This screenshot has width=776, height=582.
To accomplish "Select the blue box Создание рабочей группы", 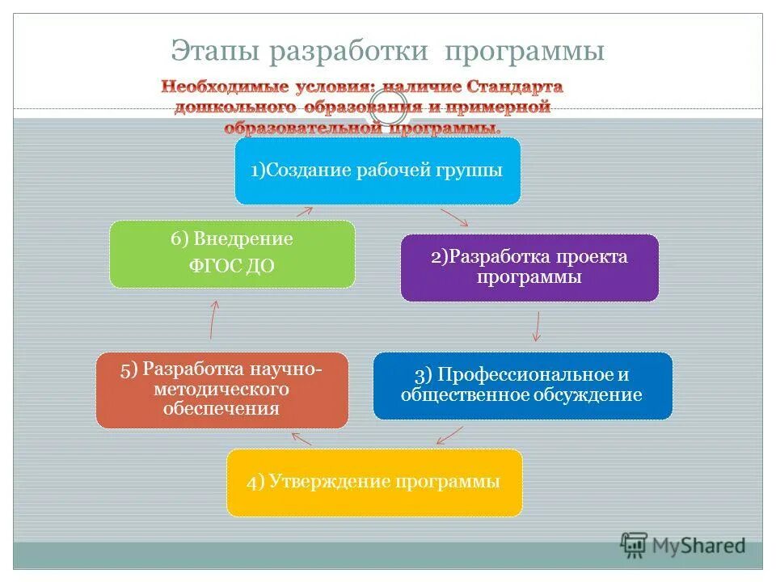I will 377,171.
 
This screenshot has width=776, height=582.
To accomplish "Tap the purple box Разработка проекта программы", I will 529,267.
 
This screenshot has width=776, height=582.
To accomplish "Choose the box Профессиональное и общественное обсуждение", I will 522,386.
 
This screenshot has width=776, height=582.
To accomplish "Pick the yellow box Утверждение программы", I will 373,483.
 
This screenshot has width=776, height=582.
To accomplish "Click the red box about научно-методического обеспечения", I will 221,390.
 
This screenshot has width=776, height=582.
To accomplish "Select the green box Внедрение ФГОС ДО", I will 232,253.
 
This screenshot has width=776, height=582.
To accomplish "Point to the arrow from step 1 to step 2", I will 455,217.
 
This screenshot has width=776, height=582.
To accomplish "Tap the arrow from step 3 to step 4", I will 449,434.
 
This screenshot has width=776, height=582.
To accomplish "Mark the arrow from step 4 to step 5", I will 302,438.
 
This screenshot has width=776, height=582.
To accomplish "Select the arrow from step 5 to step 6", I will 213,319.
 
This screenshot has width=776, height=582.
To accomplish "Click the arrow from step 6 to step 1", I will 303,212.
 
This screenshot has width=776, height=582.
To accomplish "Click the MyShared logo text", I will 699,546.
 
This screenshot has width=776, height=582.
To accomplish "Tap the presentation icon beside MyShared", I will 634,544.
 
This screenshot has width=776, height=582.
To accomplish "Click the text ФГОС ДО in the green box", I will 231,267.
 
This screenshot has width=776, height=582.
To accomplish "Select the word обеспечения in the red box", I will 221,409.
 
